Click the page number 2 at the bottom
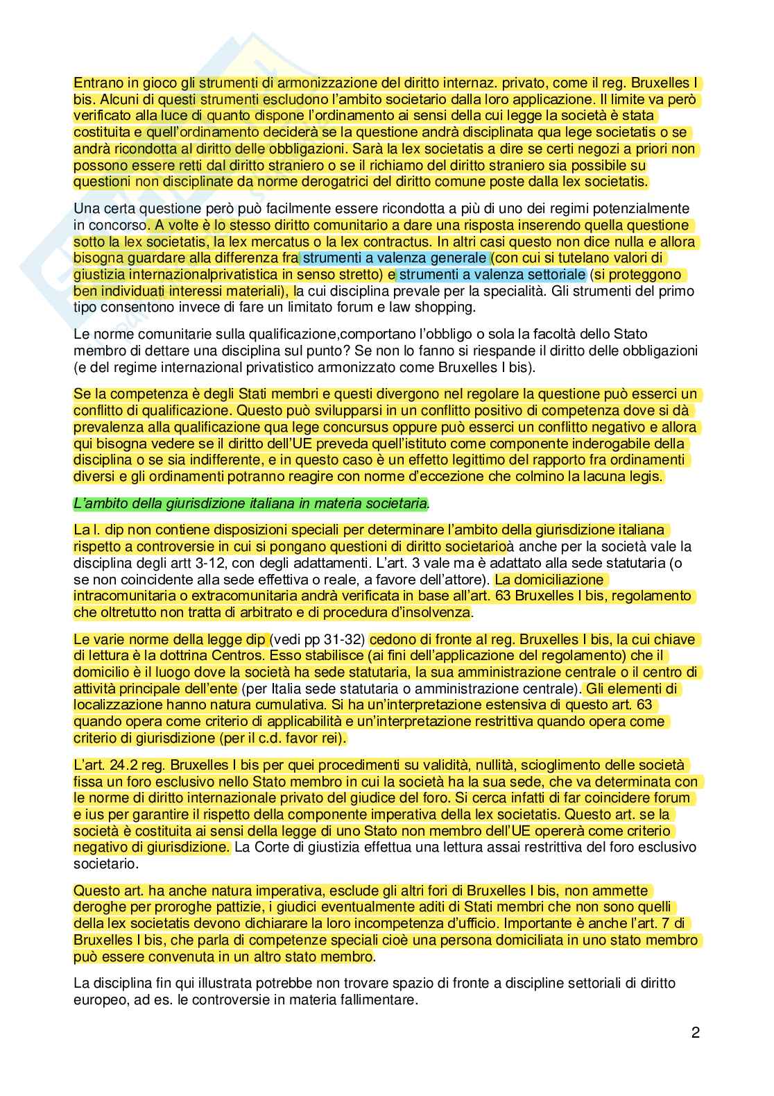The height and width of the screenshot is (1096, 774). [695, 1032]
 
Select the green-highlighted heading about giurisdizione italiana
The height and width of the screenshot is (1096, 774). [250, 503]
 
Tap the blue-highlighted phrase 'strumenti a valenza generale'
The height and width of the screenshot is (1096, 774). [395, 258]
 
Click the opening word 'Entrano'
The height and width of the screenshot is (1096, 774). [96, 83]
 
